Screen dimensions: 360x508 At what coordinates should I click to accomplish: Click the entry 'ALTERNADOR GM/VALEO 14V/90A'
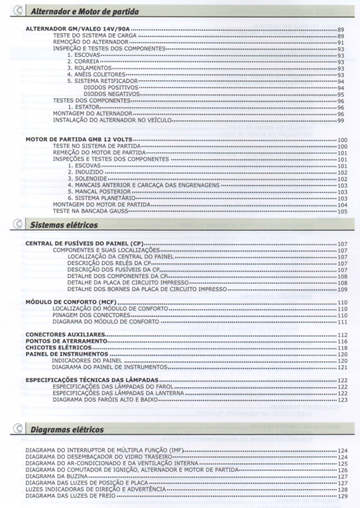click(x=77, y=30)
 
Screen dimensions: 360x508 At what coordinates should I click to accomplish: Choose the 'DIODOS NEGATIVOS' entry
click(x=111, y=94)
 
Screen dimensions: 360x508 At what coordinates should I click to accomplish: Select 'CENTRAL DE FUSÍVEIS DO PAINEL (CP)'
click(x=84, y=243)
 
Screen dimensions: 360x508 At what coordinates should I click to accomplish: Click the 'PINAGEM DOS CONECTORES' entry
click(x=89, y=315)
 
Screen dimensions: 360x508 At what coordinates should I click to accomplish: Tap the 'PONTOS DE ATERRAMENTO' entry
click(x=66, y=341)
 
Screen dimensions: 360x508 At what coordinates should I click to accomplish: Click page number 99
click(x=341, y=120)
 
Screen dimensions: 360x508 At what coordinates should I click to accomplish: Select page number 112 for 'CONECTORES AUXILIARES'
click(x=342, y=334)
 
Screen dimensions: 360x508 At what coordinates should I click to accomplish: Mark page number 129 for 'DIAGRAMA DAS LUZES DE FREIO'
click(x=342, y=496)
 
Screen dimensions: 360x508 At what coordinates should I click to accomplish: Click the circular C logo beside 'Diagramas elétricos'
click(x=18, y=430)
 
